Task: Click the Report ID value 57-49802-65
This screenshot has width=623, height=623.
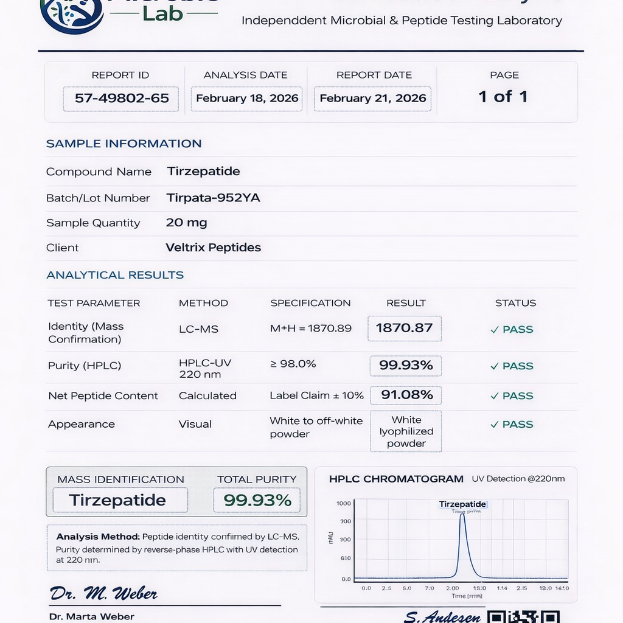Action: click(x=121, y=98)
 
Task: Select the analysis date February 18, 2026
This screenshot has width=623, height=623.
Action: click(x=247, y=98)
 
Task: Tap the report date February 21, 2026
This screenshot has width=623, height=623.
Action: click(x=372, y=98)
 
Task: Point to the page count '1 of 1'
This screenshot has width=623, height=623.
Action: click(x=503, y=96)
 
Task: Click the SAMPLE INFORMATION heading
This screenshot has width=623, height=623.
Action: click(x=124, y=144)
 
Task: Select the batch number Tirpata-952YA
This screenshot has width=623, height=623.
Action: click(x=213, y=198)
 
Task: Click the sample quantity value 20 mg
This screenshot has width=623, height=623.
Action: click(x=186, y=223)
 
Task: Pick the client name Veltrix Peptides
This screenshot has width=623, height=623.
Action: click(x=213, y=248)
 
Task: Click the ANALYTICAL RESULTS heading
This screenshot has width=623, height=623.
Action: click(x=115, y=275)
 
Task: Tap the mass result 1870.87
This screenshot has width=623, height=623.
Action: click(x=405, y=328)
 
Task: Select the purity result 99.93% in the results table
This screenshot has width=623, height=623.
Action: click(x=406, y=365)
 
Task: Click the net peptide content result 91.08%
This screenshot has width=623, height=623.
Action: click(x=406, y=395)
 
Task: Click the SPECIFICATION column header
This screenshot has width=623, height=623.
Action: click(x=310, y=303)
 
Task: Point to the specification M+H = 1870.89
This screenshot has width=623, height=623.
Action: click(x=311, y=329)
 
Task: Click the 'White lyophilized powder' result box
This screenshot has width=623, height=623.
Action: click(x=406, y=431)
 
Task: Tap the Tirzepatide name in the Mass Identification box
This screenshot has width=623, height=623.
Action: click(x=117, y=500)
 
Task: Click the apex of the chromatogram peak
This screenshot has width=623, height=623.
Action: click(x=462, y=515)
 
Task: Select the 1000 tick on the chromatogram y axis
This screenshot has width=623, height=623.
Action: click(x=344, y=504)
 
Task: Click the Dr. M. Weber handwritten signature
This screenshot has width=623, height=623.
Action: click(x=103, y=593)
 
